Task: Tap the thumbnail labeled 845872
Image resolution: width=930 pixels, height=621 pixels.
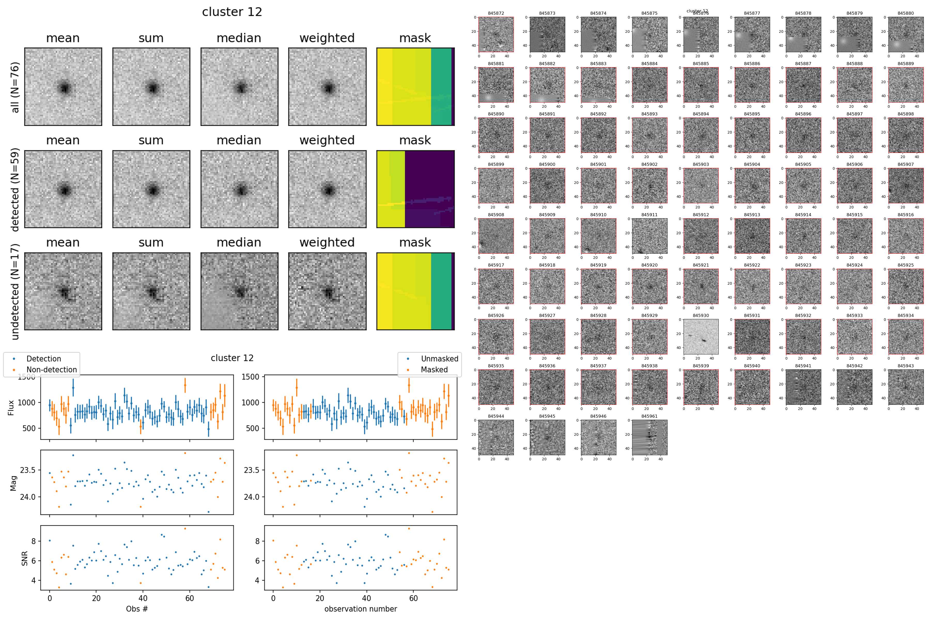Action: pos(496,34)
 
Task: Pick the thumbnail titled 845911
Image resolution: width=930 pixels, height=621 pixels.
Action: pos(649,236)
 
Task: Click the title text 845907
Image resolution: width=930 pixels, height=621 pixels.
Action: pos(905,164)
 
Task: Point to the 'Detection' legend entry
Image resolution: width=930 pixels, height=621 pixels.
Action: pos(44,359)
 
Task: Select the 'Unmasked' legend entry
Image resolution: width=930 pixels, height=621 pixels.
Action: pos(439,359)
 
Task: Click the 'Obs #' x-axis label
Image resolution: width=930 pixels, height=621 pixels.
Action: pos(137,609)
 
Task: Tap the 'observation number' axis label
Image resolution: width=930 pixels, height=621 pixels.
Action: pos(360,609)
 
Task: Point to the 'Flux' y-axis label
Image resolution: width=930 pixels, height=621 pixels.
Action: pos(11,408)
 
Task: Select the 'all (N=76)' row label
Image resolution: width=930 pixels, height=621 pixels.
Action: pos(15,87)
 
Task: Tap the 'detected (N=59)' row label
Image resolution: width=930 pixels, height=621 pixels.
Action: pos(15,189)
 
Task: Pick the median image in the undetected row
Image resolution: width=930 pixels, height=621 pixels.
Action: pos(239,291)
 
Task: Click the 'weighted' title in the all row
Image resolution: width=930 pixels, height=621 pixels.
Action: pos(327,38)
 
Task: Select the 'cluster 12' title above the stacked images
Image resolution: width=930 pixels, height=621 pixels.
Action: pos(232,12)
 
